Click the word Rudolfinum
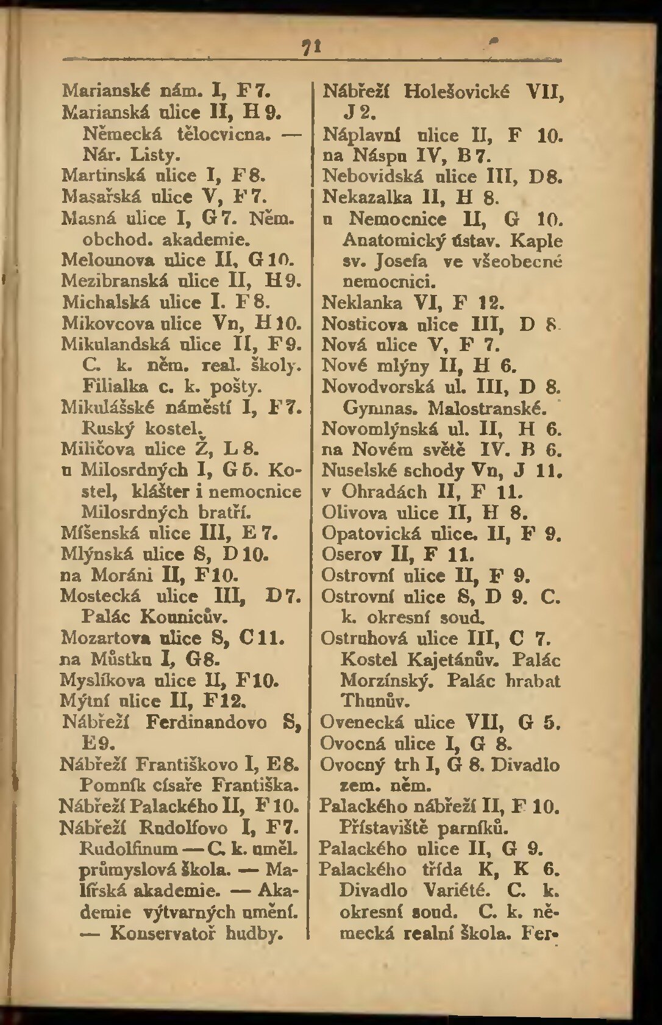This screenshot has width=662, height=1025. tap(129, 848)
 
